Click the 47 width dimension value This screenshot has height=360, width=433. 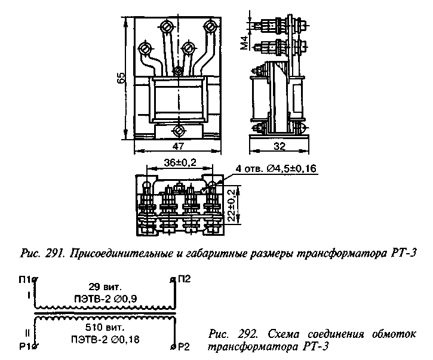178,146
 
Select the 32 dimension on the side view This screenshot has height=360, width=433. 280,146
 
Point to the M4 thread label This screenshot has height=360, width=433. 244,42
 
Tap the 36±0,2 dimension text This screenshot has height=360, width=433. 180,163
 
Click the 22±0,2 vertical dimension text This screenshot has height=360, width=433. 232,206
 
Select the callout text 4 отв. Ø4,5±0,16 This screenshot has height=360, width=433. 276,168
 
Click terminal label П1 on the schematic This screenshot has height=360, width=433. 24,279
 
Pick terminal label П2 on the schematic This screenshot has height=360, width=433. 184,279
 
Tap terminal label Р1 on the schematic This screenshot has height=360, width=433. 25,347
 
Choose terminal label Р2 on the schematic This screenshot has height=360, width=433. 183,347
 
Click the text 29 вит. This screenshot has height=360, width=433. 105,287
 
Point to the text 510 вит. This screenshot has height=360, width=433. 105,327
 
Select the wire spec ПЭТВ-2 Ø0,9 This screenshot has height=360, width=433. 106,299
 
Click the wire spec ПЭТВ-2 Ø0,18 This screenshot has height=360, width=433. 105,339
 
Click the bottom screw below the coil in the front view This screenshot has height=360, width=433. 179,130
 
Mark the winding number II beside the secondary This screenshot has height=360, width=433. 27,334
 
